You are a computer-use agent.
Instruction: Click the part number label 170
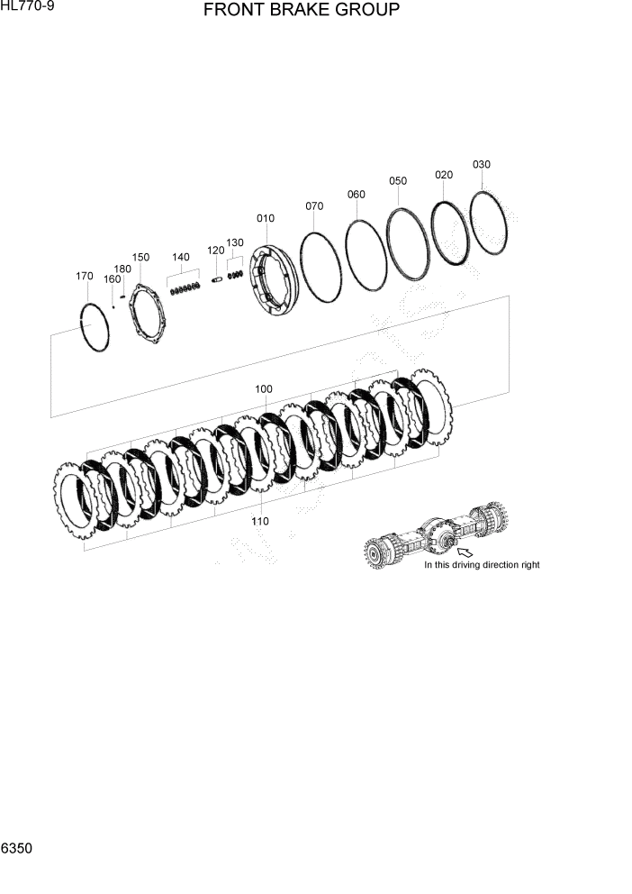pyautogui.click(x=84, y=276)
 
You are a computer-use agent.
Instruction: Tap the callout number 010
pyautogui.click(x=266, y=218)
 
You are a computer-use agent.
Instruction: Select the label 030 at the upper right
pyautogui.click(x=482, y=164)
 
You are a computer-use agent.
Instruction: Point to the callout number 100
pyautogui.click(x=263, y=389)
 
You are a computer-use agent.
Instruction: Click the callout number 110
pyautogui.click(x=260, y=521)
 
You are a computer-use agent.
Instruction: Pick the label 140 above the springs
pyautogui.click(x=181, y=257)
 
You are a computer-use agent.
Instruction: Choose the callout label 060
pyautogui.click(x=357, y=195)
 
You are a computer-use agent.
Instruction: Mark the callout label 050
pyautogui.click(x=398, y=180)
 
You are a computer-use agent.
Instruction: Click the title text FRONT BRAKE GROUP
pyautogui.click(x=302, y=11)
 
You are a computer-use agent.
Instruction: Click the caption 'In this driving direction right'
pyautogui.click(x=482, y=565)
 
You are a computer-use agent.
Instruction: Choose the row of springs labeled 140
pyautogui.click(x=184, y=288)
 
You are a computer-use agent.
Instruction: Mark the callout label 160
pyautogui.click(x=112, y=279)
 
